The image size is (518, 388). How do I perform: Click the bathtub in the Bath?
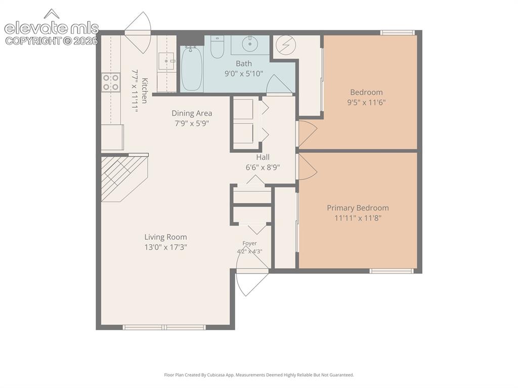coord(192,68)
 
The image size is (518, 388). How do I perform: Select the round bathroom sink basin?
coord(250,43)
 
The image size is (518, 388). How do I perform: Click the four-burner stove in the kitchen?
coord(111,82)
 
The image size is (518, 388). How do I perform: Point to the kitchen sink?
coord(166,61)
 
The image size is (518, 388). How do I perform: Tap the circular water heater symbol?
coord(286,45)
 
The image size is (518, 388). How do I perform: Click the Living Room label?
coord(165,237)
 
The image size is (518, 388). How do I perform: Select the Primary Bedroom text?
coord(358,208)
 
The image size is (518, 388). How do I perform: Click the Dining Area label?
coord(192,113)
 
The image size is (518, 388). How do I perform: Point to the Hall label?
coord(263,157)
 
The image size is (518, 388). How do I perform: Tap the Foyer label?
coord(249,243)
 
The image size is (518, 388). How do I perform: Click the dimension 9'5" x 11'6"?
coord(366,103)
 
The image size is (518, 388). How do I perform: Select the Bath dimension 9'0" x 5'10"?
coord(244,73)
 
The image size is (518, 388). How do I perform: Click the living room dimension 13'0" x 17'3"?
coord(165,247)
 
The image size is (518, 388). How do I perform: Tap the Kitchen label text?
coord(145,91)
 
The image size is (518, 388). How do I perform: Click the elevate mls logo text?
coord(52,28)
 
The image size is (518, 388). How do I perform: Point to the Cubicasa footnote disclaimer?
coord(258,375)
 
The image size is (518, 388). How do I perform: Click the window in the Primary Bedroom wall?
coord(392,271)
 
